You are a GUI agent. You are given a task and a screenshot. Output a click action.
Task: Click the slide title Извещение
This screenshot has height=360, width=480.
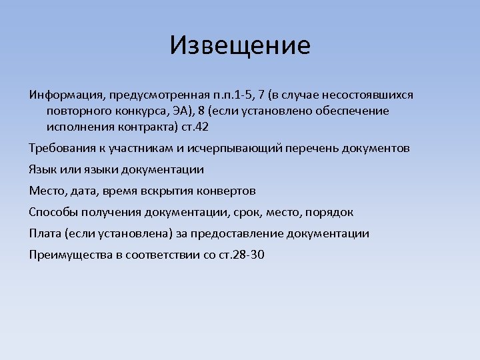240,45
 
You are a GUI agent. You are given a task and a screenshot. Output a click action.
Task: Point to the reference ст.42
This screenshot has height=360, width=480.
195,127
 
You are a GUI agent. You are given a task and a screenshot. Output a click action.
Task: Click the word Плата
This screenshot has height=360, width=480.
45,233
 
